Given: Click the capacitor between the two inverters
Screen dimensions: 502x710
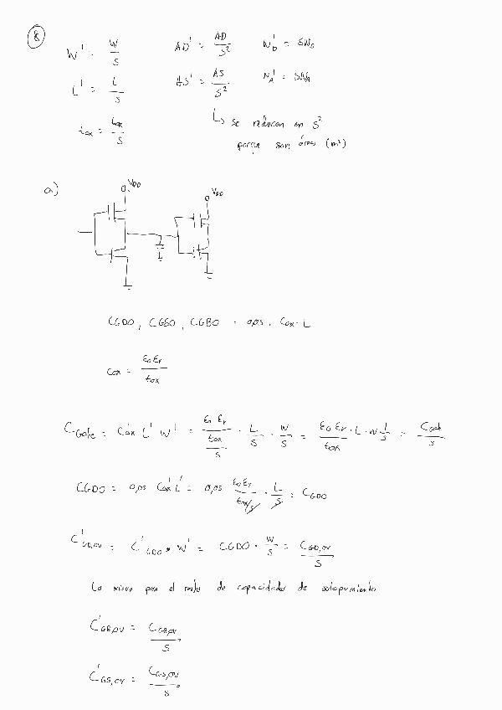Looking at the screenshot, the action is [160, 244].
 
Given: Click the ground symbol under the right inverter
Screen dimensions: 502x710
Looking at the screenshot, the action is [209, 273].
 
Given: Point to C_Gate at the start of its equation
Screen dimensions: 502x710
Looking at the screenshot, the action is [79, 432].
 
